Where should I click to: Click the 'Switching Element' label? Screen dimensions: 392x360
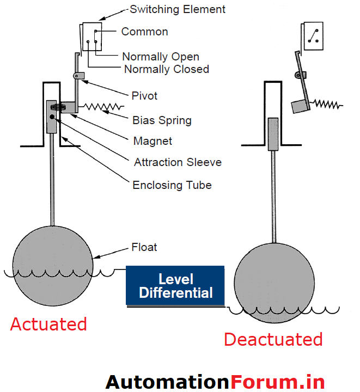click(x=178, y=9)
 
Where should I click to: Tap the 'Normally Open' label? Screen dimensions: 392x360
click(x=161, y=57)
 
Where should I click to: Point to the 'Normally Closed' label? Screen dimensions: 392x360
click(x=167, y=69)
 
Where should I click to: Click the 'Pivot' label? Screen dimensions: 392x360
click(x=144, y=96)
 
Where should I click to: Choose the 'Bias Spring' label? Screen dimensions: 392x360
click(x=162, y=120)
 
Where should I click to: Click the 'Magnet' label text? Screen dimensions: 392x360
click(x=152, y=141)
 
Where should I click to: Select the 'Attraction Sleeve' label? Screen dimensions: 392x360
click(x=178, y=162)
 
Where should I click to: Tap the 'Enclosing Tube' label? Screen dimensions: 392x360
click(x=172, y=185)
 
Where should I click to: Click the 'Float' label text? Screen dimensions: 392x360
click(x=144, y=247)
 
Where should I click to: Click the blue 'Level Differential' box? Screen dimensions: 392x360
click(x=175, y=286)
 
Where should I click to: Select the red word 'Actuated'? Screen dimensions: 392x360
click(x=48, y=324)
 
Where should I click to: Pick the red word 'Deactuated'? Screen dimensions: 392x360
click(x=273, y=340)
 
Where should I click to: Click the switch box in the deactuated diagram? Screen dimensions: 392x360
click(x=314, y=36)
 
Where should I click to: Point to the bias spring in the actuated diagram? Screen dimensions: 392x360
click(x=101, y=106)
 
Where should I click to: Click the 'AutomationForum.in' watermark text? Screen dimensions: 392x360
click(x=215, y=381)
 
